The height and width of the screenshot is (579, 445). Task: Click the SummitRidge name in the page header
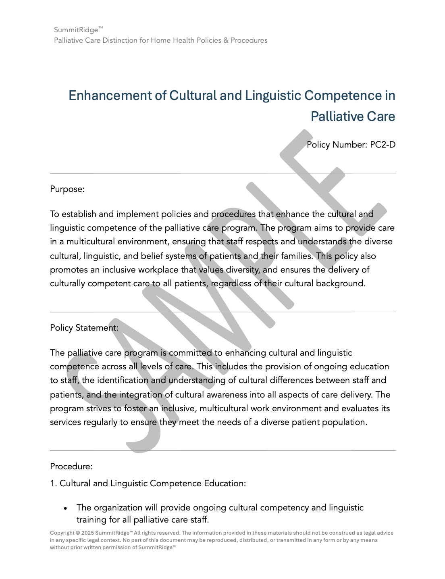point(76,30)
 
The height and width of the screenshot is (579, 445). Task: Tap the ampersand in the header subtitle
point(225,40)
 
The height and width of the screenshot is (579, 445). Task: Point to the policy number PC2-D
point(383,145)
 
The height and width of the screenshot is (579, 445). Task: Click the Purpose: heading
point(67,189)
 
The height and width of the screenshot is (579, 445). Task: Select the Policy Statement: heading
point(84,328)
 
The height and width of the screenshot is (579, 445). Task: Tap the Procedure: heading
point(71,467)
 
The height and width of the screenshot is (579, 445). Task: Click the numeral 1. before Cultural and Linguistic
point(54,483)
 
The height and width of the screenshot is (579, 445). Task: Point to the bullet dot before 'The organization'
point(65,508)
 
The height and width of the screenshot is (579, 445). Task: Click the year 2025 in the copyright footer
point(87,533)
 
